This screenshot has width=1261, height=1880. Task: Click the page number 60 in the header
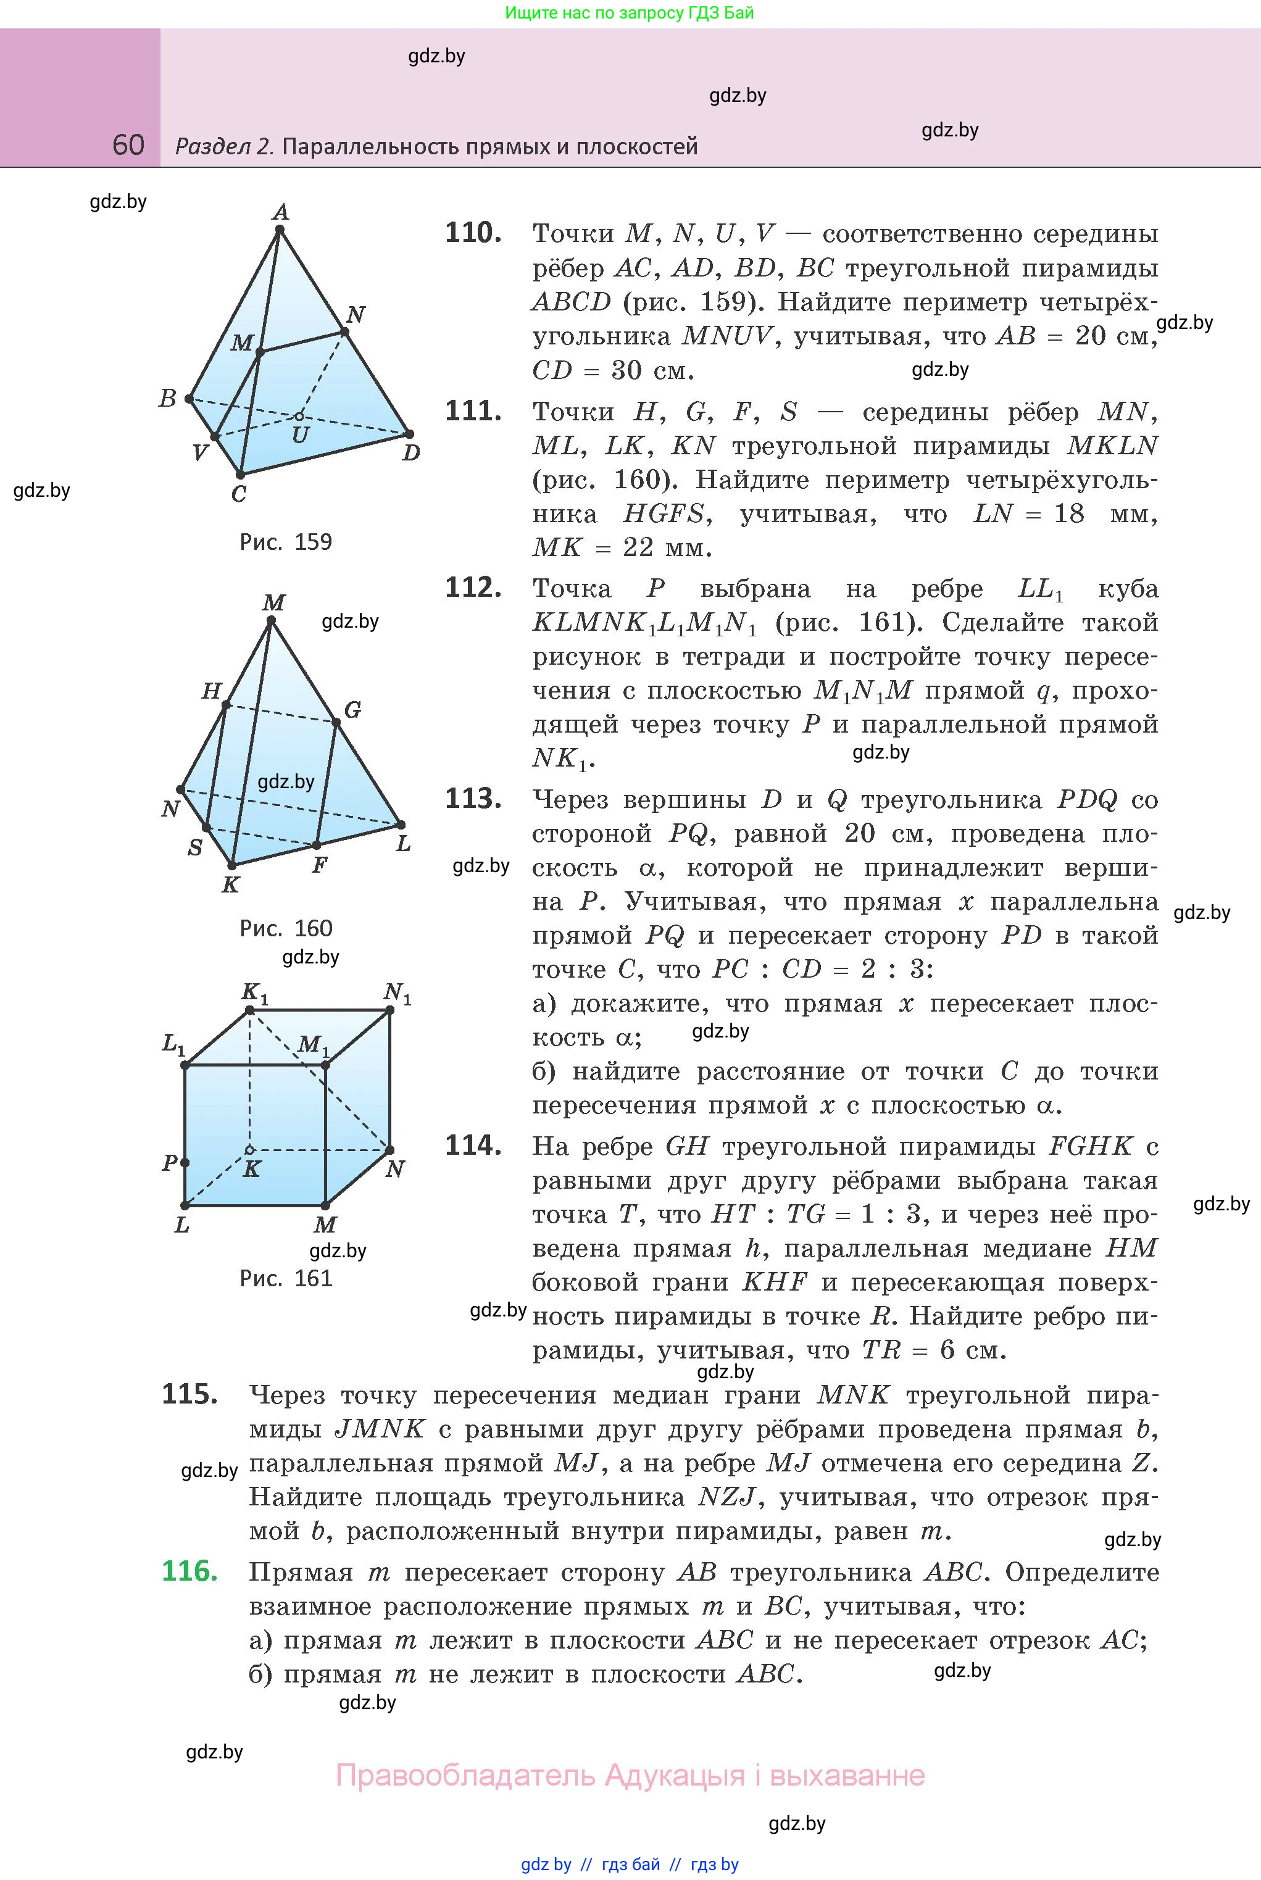click(128, 145)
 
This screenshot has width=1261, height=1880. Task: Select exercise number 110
click(473, 233)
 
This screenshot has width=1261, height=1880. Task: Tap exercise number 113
click(473, 799)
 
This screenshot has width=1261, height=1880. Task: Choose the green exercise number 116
click(189, 1571)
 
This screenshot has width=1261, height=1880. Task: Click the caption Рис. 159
click(286, 542)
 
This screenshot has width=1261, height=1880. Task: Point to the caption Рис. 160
click(286, 929)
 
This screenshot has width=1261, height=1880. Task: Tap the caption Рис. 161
click(286, 1278)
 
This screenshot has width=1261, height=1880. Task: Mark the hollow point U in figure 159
click(299, 417)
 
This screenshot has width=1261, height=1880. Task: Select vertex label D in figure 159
click(411, 452)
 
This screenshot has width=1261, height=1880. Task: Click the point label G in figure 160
click(352, 710)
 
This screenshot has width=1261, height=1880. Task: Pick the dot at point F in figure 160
click(316, 845)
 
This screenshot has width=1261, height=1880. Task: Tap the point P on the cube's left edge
click(185, 1163)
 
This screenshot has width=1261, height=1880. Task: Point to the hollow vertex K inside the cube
click(249, 1150)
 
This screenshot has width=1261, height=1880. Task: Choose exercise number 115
click(189, 1394)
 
